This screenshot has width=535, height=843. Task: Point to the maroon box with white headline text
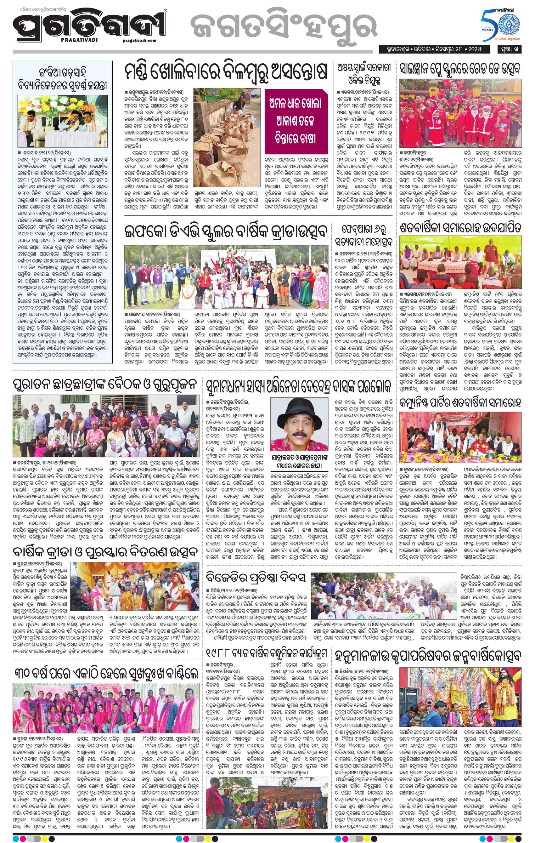(x=296, y=122)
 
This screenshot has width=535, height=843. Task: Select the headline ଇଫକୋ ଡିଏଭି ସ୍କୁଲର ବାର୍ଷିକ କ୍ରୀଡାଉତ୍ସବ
(x=226, y=232)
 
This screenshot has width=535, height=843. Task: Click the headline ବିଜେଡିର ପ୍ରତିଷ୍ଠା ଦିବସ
(x=256, y=578)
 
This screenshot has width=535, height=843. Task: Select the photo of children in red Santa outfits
(x=460, y=113)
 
